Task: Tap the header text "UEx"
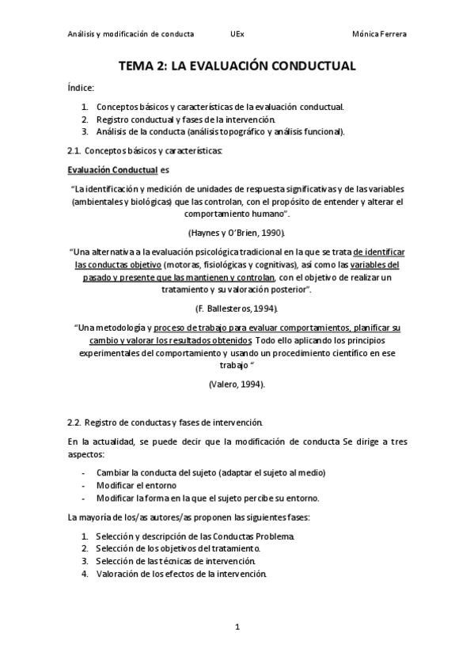click(x=237, y=35)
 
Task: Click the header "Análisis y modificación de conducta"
click(x=131, y=35)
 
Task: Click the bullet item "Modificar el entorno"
click(x=137, y=485)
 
